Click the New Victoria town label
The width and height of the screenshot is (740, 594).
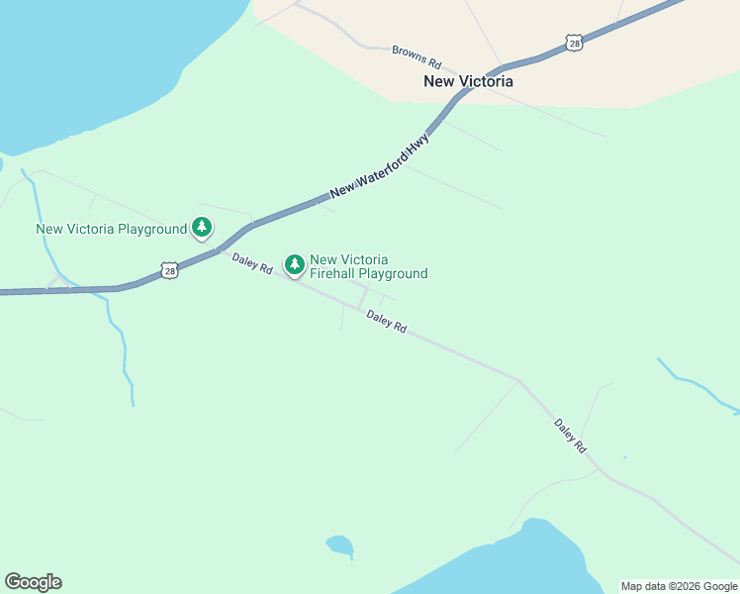point(468,82)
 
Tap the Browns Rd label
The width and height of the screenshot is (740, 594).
point(416,54)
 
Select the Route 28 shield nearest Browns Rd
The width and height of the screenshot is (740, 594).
point(574,42)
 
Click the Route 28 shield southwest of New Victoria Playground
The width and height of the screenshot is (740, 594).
point(169,270)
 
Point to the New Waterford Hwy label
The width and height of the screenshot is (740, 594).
point(380,164)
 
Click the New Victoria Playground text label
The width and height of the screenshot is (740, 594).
point(111,229)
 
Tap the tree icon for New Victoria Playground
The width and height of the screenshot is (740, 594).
point(202,228)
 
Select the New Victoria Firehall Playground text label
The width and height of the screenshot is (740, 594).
point(368,266)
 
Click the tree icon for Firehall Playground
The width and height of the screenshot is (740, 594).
point(294,264)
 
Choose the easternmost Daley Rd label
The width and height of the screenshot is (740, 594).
point(570,437)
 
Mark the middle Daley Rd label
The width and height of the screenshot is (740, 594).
point(386,322)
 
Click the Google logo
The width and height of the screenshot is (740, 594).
point(33,582)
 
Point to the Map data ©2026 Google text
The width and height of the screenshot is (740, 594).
point(679,586)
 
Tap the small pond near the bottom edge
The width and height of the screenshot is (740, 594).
point(339,544)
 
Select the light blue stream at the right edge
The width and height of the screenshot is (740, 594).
point(697,386)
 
